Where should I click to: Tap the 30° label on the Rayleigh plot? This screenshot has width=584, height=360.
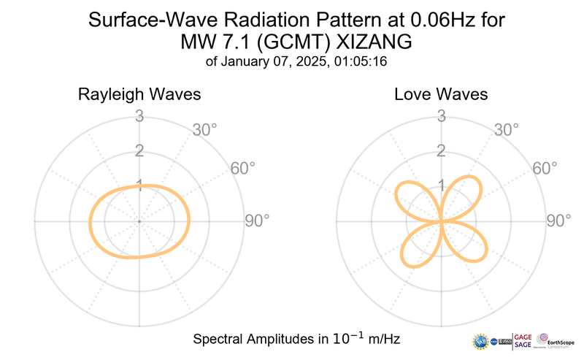click(205, 130)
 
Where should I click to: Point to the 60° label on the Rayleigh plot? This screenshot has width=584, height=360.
click(243, 168)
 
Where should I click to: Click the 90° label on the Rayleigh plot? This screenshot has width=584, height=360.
click(256, 221)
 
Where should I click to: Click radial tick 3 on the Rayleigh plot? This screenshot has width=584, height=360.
click(138, 116)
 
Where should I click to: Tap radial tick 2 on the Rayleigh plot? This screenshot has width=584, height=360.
click(138, 151)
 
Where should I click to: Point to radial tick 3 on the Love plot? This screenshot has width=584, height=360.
click(441, 116)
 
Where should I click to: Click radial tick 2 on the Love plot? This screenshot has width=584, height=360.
click(441, 151)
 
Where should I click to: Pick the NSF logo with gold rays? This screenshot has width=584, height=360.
click(481, 341)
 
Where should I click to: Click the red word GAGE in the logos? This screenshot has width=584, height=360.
click(524, 336)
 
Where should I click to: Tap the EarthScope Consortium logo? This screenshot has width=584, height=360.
click(559, 340)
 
